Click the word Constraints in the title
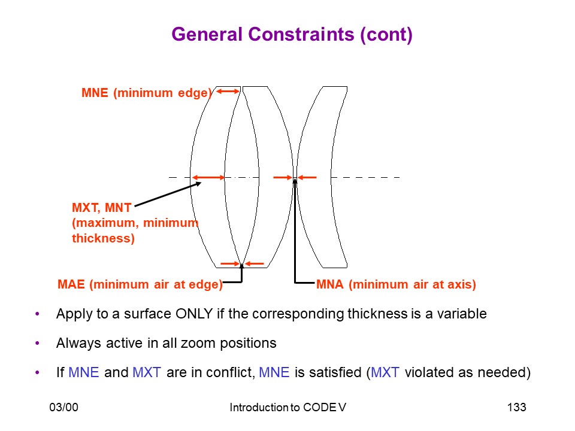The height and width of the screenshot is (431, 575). (301, 35)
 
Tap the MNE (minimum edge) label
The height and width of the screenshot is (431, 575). (147, 93)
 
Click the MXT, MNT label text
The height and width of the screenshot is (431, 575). (102, 208)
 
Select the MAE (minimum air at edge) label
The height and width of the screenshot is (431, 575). (140, 284)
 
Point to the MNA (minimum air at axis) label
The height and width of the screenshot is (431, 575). (396, 284)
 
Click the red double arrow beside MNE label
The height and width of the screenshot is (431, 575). (228, 91)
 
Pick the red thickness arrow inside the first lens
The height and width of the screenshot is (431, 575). (208, 177)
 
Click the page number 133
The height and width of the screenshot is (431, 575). (516, 407)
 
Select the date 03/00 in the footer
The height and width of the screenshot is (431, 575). (64, 407)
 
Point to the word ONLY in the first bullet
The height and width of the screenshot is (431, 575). (194, 314)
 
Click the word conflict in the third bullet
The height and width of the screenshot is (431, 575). (231, 372)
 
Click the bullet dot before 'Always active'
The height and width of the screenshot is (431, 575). (37, 344)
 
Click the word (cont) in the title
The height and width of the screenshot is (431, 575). (386, 35)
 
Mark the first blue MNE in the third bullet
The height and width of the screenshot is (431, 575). (84, 372)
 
